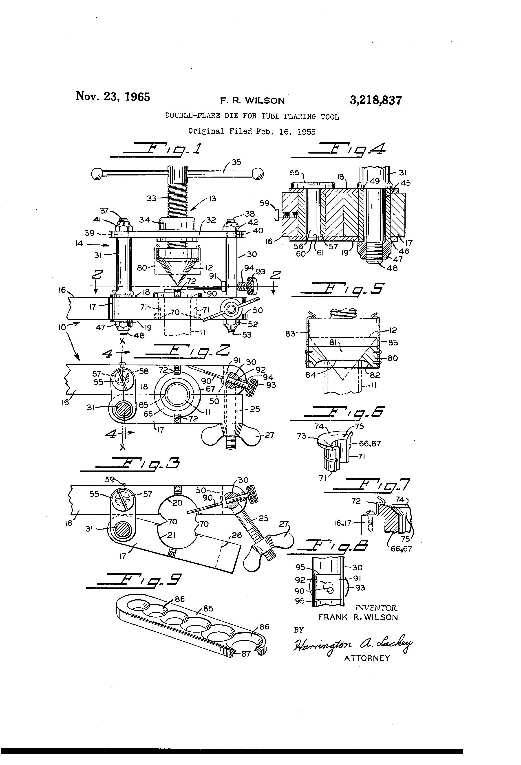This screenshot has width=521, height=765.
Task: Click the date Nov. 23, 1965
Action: [x=113, y=97]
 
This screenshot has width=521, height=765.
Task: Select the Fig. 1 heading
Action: [x=161, y=149]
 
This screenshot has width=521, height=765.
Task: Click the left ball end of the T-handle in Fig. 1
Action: [x=97, y=174]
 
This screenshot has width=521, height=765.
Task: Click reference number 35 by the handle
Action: [x=236, y=162]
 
